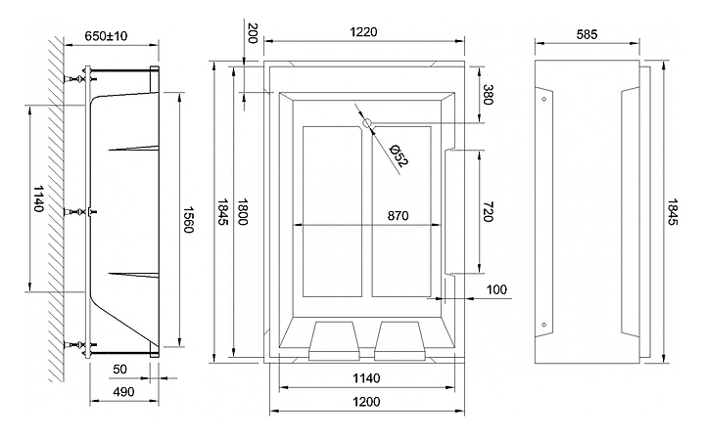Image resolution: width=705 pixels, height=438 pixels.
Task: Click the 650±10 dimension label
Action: tap(106, 35)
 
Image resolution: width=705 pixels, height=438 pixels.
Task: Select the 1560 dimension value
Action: tap(188, 219)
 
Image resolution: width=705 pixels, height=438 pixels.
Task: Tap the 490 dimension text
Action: tap(123, 392)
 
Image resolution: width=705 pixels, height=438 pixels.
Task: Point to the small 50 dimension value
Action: tap(119, 369)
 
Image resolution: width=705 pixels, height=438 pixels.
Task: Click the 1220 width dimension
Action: tap(363, 32)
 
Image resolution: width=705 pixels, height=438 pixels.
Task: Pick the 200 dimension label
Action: tap(253, 33)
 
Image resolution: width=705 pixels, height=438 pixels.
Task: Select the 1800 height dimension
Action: tap(243, 212)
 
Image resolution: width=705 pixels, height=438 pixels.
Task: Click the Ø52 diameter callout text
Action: tap(398, 155)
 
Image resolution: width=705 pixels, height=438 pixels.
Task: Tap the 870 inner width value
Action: tap(398, 216)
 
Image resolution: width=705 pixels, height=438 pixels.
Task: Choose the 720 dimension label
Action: tap(489, 212)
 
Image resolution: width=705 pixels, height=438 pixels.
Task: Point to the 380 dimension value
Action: tap(489, 94)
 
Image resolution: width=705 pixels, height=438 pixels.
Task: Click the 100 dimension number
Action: tap(496, 289)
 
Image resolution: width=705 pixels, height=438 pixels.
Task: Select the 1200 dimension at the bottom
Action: tap(366, 401)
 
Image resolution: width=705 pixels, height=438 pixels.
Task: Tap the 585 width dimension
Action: tap(587, 34)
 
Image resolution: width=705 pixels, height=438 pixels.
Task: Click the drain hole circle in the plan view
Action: tap(367, 122)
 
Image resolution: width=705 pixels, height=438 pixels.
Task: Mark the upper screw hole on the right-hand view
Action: tap(544, 100)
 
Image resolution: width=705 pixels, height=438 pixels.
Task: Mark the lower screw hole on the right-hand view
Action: tap(544, 325)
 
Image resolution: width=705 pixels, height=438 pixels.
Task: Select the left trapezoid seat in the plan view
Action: tap(335, 340)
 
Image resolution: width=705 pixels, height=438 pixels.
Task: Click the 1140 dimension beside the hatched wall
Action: tap(38, 198)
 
